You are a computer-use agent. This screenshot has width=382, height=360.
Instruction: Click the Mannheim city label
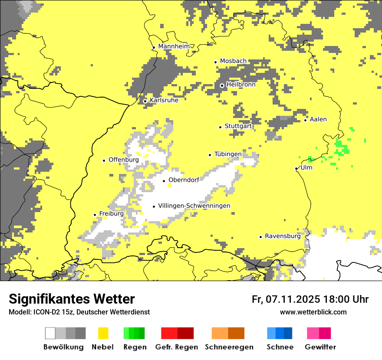[174, 46]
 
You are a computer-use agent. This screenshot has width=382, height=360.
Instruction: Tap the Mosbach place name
[233, 61]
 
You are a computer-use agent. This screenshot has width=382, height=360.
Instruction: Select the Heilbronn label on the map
[241, 85]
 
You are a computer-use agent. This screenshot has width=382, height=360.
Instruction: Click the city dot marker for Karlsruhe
[145, 101]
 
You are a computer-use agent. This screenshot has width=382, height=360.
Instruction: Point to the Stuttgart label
[238, 126]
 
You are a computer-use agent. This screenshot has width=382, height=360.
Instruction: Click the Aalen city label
[318, 119]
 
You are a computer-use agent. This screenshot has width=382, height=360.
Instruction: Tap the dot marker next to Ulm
[296, 168]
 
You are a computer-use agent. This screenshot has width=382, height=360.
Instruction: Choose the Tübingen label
[228, 154]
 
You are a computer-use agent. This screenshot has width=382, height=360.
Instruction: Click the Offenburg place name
[124, 160]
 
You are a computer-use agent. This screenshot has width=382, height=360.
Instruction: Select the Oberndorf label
[184, 180]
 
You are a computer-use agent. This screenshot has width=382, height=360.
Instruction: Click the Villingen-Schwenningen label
[194, 206]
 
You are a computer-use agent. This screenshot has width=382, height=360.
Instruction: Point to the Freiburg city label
[111, 214]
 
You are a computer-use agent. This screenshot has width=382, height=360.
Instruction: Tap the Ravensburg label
[283, 236]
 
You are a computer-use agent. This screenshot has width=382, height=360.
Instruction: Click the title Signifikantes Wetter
[72, 299]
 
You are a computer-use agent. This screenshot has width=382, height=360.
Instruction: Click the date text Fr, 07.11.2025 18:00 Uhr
[310, 299]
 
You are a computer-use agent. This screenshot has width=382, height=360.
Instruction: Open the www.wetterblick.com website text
[313, 312]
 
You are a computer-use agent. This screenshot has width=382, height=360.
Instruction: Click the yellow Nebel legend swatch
[103, 333]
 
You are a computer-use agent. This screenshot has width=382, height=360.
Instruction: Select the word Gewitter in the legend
[320, 347]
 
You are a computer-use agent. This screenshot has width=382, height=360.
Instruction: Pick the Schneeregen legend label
[229, 347]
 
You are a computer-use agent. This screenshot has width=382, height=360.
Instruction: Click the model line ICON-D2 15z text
[79, 312]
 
